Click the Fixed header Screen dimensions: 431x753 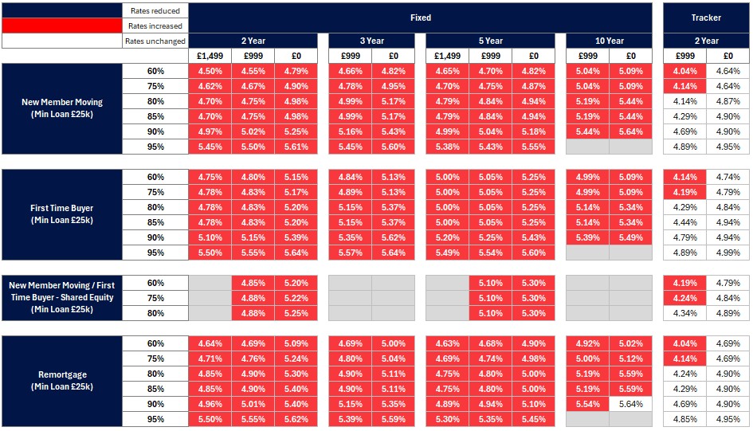pos(420,17)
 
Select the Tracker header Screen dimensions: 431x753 pos(706,17)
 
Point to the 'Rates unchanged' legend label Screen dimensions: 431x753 pos(155,41)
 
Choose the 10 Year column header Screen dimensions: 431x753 pos(609,41)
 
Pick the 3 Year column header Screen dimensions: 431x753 pos(371,41)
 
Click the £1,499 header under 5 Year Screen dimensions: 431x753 pos(447,56)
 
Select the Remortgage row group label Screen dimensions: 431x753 pos(62,381)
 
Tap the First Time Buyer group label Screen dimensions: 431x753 pos(62,214)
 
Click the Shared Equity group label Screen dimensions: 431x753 pos(62,297)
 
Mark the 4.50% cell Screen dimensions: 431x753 pos(210,72)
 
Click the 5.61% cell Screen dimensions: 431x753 pos(296,147)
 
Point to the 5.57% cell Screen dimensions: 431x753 pos(350,253)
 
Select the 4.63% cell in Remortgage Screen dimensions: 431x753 pos(447,344)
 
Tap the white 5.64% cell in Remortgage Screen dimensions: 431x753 pos(630,404)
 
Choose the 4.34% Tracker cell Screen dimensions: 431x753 pos(684,313)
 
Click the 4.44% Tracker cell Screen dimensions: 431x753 pos(684,222)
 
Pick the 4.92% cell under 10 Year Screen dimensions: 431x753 pos(587,344)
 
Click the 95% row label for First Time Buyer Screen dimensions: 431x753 pos(155,253)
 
